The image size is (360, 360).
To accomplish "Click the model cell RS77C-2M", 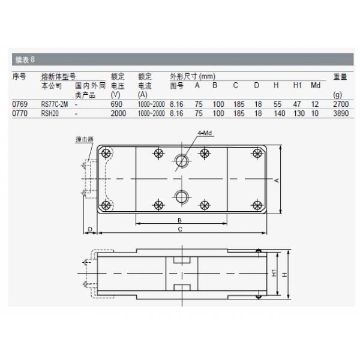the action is (x=55, y=104).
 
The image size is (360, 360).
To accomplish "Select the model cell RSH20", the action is (x=50, y=113).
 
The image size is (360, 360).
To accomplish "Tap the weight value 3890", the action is (x=341, y=113).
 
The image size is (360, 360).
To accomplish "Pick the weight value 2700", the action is (x=341, y=104).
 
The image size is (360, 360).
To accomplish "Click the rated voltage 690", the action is (x=116, y=104).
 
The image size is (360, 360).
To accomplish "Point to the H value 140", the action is (x=280, y=113).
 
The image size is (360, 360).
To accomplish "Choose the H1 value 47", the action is (x=297, y=104).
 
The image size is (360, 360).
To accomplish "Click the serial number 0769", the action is (x=20, y=104).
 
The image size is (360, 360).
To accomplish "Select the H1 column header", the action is (x=298, y=85).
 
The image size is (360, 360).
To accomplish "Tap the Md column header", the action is (x=316, y=85).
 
